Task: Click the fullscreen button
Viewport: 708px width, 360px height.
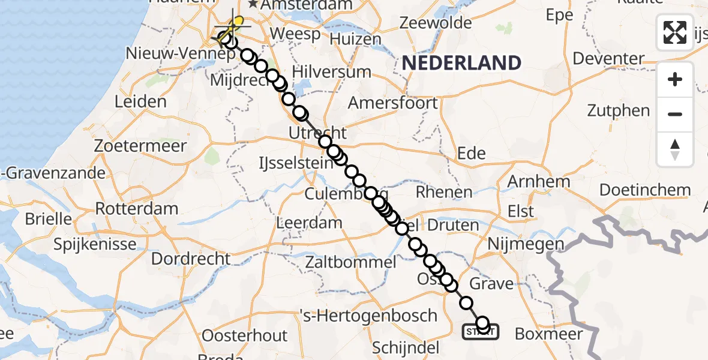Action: point(675,32)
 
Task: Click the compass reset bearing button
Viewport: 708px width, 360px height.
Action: point(675,149)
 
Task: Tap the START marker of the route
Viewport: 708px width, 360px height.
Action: point(480,331)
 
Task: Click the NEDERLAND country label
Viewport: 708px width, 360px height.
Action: point(461,63)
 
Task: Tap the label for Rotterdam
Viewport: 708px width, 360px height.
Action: point(137,209)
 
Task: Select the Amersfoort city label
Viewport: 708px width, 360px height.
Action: point(393,103)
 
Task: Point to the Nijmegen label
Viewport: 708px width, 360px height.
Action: point(526,244)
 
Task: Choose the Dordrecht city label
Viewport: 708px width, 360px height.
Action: point(191,259)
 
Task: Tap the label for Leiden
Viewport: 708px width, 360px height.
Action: point(140,101)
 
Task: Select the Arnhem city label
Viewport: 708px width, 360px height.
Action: point(539,182)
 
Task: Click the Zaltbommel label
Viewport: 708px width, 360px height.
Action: point(350,262)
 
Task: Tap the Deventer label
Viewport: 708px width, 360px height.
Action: point(608,59)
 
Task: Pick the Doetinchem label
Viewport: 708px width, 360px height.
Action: point(645,190)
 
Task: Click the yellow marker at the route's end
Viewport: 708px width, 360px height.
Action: point(239,23)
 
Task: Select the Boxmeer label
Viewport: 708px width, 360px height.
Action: point(549,334)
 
